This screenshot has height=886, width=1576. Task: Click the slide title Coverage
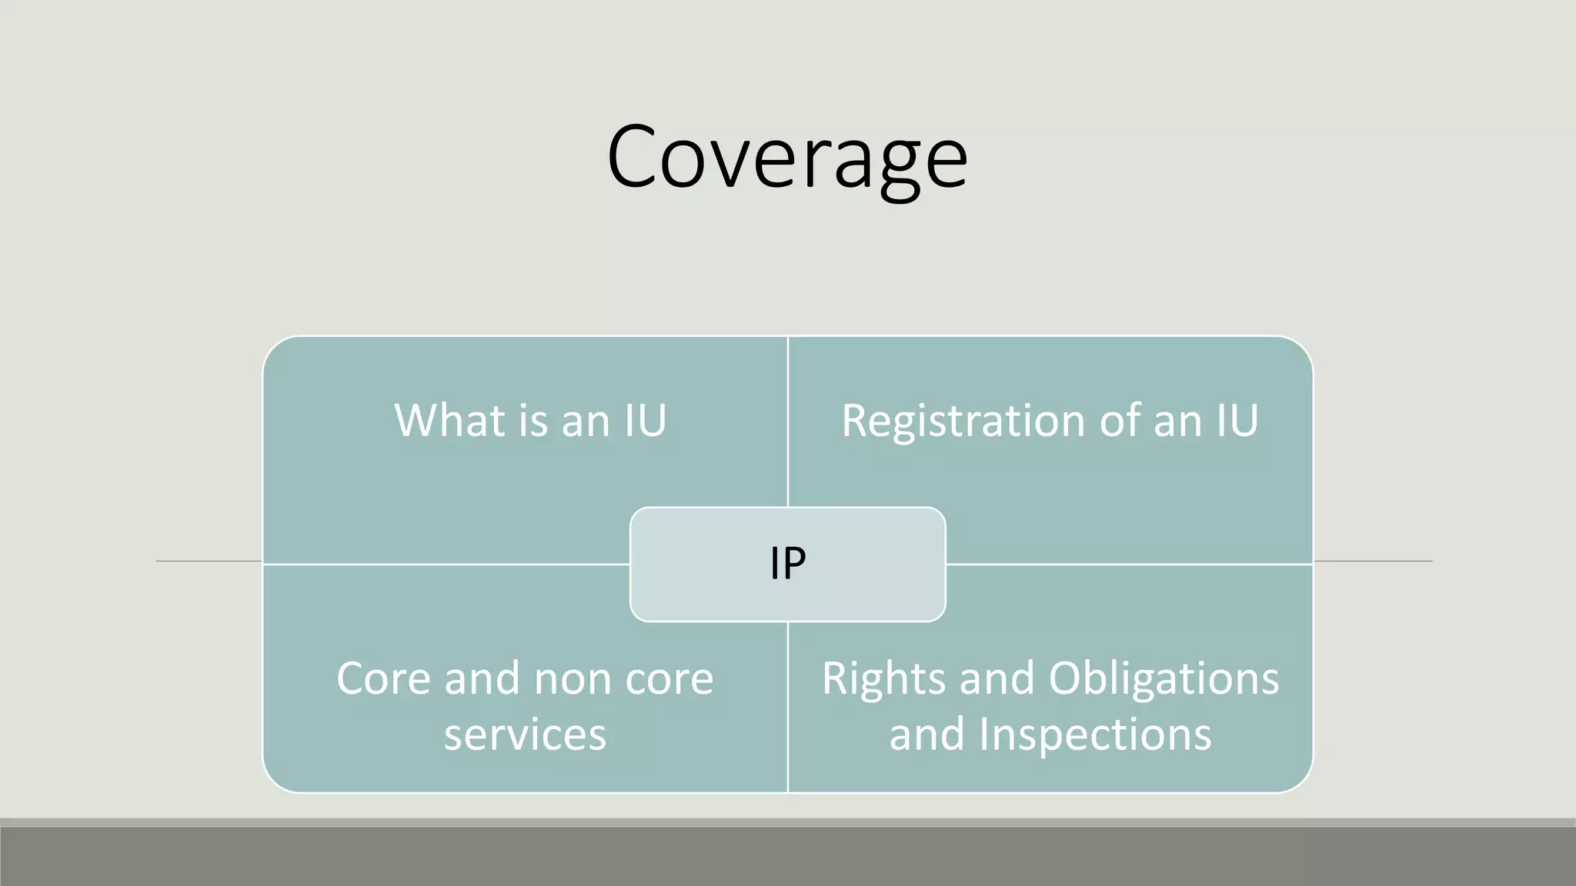click(x=786, y=158)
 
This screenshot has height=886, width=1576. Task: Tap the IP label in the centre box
click(x=788, y=564)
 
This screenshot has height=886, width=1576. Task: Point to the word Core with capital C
click(x=383, y=679)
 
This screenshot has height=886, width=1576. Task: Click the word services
click(x=525, y=734)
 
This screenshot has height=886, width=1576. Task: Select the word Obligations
click(x=1164, y=680)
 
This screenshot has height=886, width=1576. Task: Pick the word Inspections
click(x=1095, y=734)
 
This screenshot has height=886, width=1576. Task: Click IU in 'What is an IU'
click(x=645, y=421)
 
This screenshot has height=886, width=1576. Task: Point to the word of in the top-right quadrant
click(x=1120, y=421)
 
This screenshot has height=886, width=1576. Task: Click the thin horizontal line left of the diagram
click(x=209, y=561)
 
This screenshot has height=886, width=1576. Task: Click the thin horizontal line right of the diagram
click(x=1373, y=561)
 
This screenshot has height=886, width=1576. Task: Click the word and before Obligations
click(x=997, y=680)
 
